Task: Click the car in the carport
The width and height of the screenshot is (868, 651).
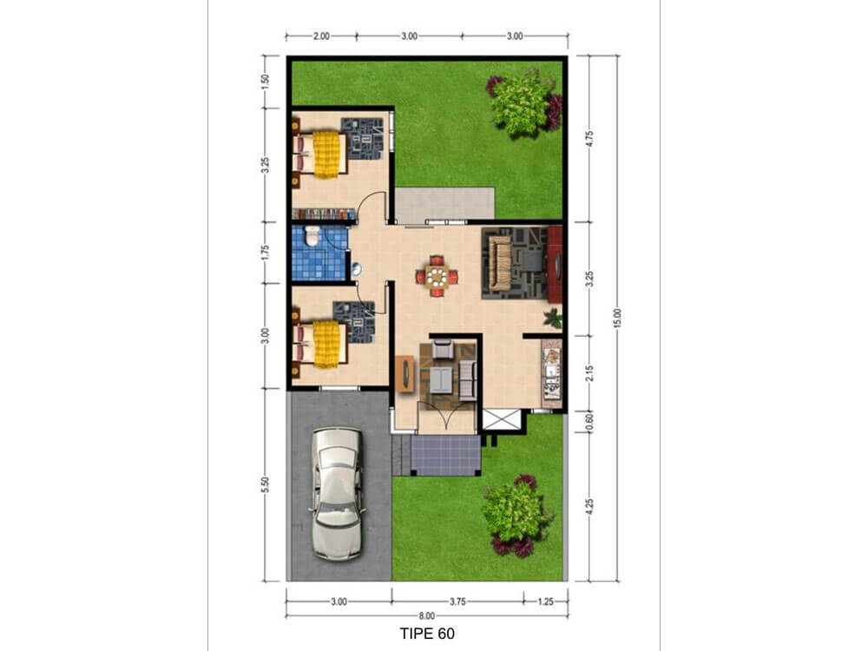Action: click(x=338, y=492)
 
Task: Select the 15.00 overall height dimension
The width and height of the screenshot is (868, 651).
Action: click(x=618, y=318)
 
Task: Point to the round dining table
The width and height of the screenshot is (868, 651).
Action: click(x=437, y=277)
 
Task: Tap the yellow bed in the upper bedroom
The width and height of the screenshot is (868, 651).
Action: click(x=326, y=154)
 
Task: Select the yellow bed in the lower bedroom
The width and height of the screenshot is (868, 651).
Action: click(x=326, y=344)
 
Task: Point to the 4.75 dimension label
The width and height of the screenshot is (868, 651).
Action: click(x=589, y=138)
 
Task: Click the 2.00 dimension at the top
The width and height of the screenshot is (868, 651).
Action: click(x=321, y=36)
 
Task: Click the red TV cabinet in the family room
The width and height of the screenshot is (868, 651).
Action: click(x=555, y=265)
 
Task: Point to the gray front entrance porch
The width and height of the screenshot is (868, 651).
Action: click(x=444, y=455)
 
